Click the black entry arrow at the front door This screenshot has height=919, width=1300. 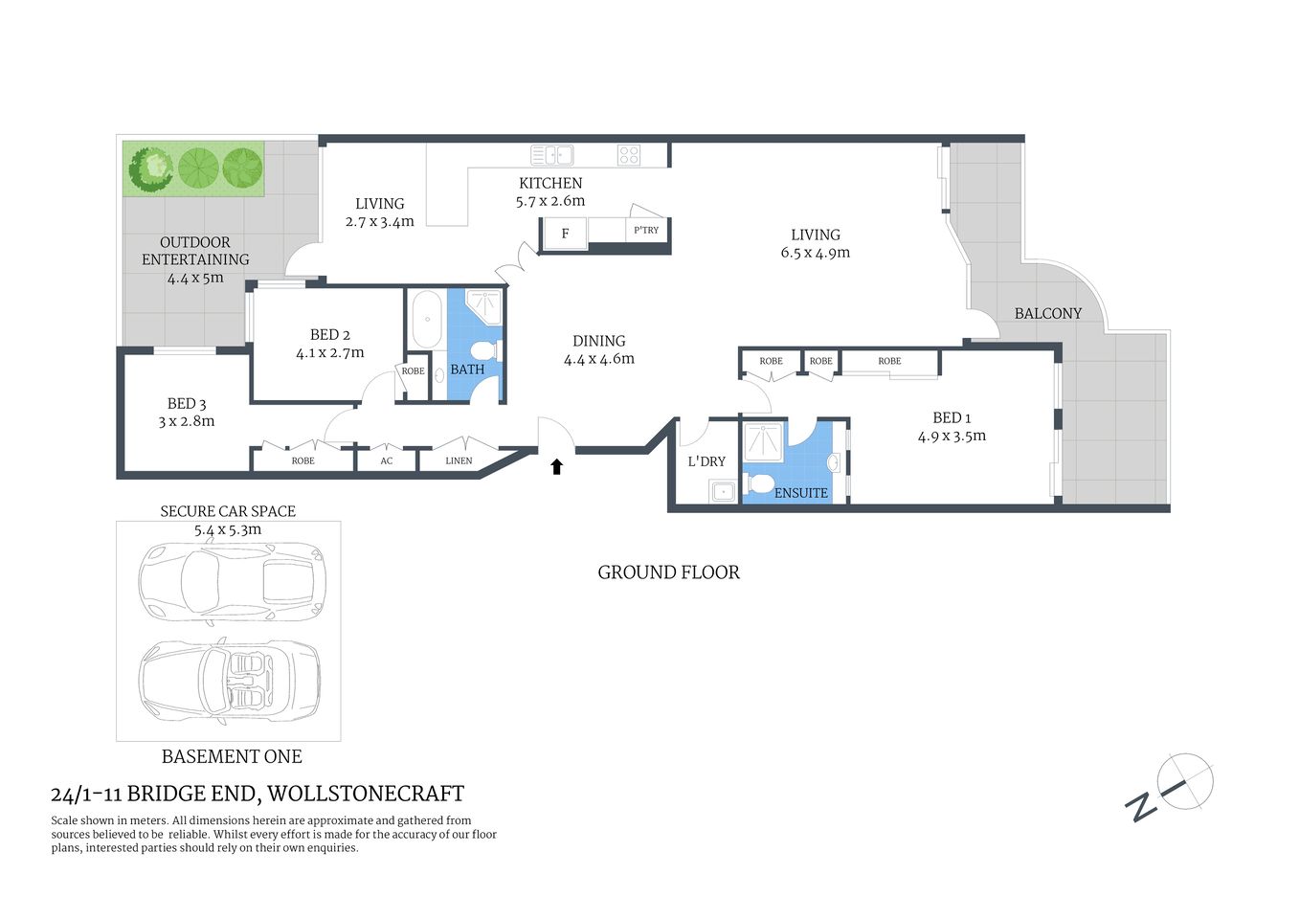tap(556, 466)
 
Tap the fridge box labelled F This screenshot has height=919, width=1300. tap(565, 233)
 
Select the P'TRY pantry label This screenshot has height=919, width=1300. tap(646, 230)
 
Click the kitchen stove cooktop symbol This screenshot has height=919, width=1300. tap(629, 155)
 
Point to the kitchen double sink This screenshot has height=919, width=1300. tap(552, 155)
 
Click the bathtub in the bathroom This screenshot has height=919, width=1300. tap(427, 320)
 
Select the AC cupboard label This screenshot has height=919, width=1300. tap(387, 460)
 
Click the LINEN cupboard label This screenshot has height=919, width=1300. tap(459, 460)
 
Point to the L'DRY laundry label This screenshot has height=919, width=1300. tap(706, 461)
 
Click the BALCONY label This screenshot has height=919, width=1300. tap(1047, 313)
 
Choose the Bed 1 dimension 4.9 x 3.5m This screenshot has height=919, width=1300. tap(952, 436)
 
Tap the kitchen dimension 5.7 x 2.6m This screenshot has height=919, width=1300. tap(549, 201)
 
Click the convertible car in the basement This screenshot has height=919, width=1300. tap(230, 680)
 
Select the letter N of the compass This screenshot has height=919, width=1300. tap(1140, 806)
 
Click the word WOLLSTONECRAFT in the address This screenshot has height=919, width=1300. tap(366, 794)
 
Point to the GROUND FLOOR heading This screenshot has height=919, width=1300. tap(668, 572)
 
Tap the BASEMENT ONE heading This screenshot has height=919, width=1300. tap(232, 756)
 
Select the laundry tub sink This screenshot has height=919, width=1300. tap(722, 492)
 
